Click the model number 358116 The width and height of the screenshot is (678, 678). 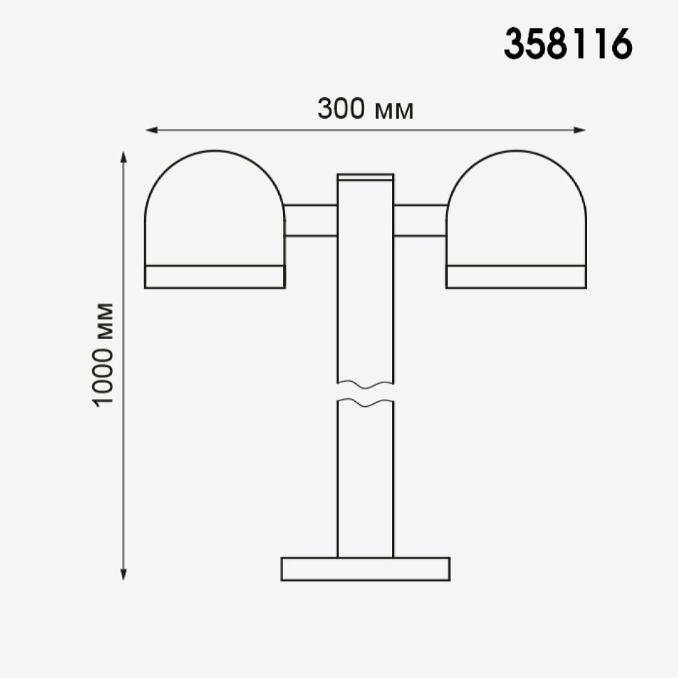568,43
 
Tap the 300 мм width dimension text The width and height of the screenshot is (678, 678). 366,108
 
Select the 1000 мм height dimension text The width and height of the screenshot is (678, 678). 103,354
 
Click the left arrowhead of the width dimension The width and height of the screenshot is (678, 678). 152,130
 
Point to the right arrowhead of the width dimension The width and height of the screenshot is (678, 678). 579,130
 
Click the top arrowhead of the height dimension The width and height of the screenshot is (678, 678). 123,157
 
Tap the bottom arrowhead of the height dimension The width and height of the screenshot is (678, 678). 123,574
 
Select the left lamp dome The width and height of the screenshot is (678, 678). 215,208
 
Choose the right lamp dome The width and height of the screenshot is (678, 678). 517,208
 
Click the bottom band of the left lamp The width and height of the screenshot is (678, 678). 215,277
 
